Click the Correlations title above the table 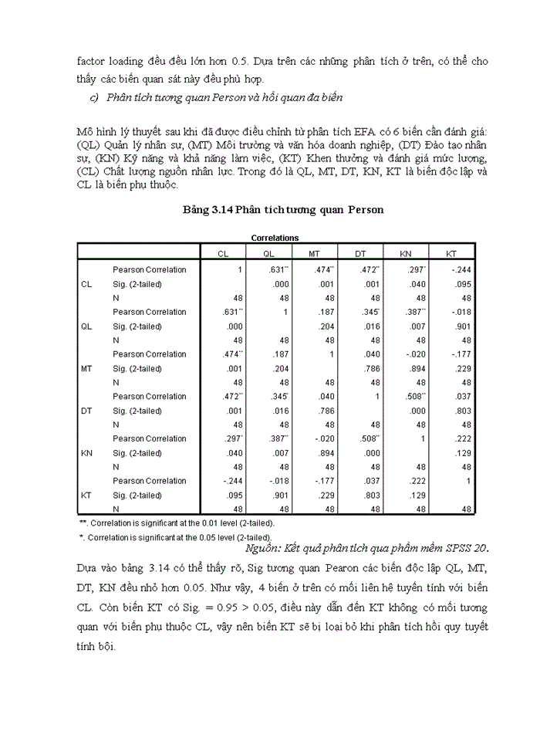[275, 239]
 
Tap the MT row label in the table [87, 368]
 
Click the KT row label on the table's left [86, 495]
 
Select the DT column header [360, 253]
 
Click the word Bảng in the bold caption [198, 210]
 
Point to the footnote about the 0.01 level [171, 523]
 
